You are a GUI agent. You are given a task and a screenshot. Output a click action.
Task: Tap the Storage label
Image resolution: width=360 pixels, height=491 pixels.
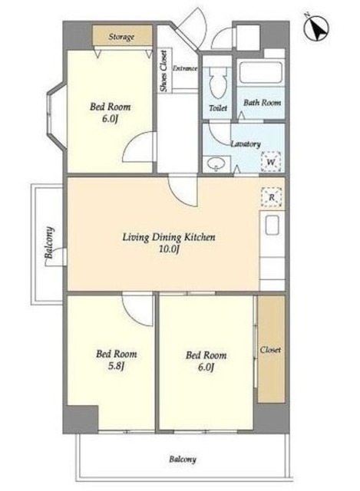121,37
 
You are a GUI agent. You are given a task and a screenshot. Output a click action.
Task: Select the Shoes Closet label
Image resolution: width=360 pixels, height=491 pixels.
163,71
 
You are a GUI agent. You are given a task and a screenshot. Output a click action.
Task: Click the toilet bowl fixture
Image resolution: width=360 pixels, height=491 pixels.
218,82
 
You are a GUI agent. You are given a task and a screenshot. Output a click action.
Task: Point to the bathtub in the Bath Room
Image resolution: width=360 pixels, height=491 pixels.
260,72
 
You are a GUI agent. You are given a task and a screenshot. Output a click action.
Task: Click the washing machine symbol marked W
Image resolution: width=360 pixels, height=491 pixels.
271,162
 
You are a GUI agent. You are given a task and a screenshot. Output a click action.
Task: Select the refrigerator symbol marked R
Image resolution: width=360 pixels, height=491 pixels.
271,198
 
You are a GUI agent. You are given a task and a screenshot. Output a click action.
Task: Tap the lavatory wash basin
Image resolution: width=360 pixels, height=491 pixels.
216,163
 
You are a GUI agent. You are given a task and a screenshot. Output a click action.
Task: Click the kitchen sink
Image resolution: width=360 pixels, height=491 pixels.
272,225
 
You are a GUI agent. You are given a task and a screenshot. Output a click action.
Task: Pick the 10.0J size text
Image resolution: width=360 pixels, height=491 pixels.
169,249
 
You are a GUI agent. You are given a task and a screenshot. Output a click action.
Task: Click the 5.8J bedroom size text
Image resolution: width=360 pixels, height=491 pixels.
116,366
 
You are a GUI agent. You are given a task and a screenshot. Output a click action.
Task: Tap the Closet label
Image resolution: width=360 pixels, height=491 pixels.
270,350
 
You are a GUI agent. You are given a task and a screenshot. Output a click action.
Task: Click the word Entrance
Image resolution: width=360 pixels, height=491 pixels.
185,68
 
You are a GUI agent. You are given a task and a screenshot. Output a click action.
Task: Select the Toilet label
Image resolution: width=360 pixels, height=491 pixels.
218,108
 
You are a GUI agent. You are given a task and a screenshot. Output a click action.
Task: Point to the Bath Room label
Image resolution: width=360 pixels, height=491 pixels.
262,102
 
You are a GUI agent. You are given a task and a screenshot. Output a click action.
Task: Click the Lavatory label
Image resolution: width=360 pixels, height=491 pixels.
246,143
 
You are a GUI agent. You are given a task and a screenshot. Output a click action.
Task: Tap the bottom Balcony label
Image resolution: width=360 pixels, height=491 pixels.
183,460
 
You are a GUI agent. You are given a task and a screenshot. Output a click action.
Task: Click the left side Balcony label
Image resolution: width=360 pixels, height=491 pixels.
49,242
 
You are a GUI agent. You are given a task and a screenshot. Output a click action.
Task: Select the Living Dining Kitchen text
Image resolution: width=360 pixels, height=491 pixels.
169,237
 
